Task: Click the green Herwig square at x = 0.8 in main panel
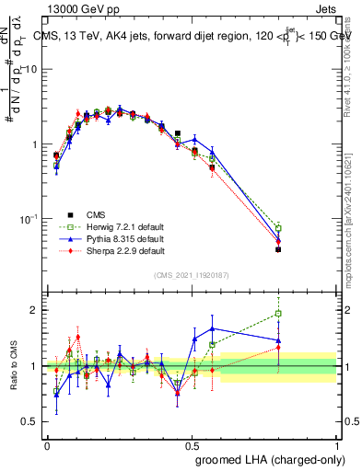(x=278, y=228)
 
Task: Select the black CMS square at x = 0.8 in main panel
(x=278, y=249)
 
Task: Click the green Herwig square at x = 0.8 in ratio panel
(x=278, y=314)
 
